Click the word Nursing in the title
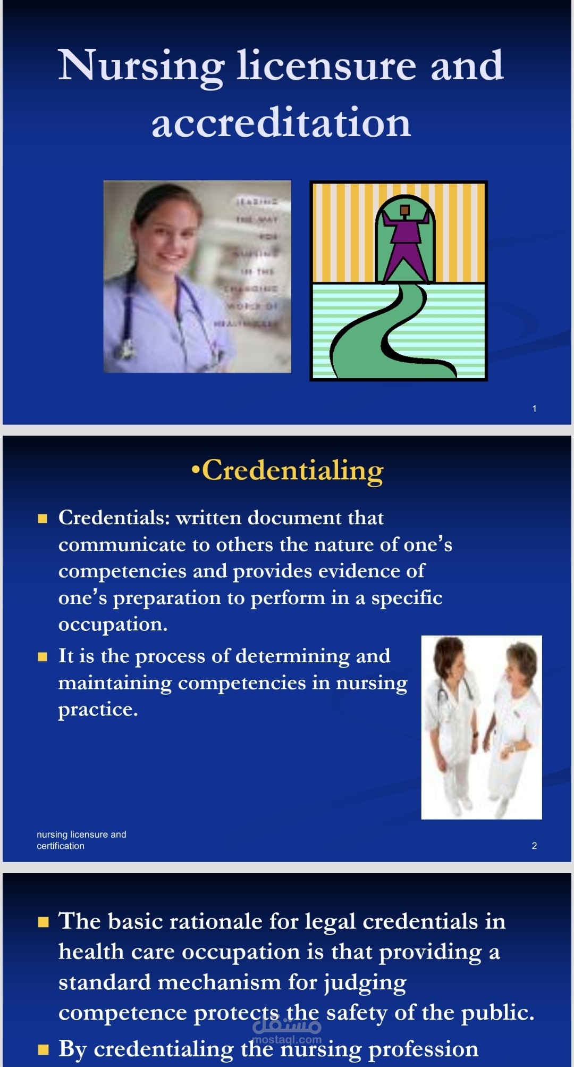coord(141,66)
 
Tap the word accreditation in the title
coord(281,123)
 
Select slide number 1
coord(534,409)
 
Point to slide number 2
coord(534,846)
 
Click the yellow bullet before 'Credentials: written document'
coord(43,518)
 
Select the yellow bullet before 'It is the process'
coord(43,656)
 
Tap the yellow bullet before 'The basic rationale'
coord(43,922)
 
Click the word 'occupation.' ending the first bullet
coord(113,624)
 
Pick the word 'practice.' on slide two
coord(98,710)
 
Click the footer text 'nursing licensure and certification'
coord(81,840)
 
